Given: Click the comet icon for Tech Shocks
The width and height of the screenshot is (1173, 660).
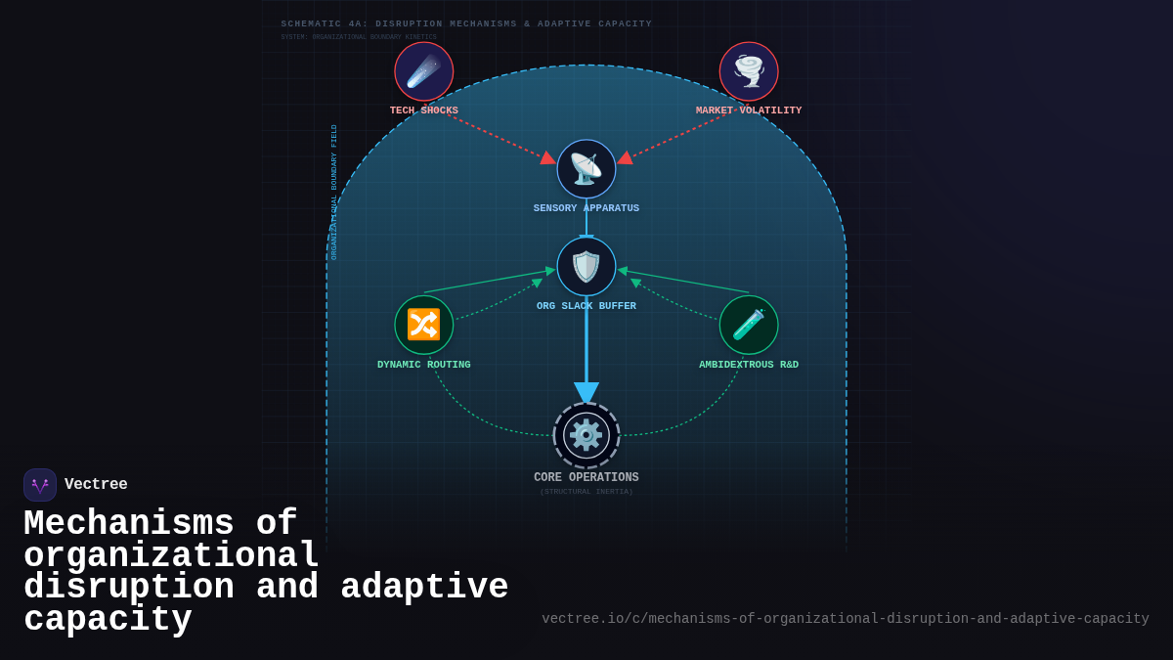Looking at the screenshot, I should pyautogui.click(x=424, y=71).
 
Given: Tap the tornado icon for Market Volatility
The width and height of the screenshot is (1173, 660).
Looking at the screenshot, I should pyautogui.click(x=749, y=71).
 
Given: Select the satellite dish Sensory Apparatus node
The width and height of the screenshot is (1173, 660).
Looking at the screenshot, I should pyautogui.click(x=586, y=169).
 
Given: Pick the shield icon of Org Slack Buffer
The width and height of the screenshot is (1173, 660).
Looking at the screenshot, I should pyautogui.click(x=586, y=267).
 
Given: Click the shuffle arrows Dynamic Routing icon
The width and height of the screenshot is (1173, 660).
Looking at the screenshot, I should pyautogui.click(x=424, y=325).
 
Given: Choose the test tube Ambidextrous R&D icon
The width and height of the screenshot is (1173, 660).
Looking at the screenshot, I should pyautogui.click(x=749, y=325).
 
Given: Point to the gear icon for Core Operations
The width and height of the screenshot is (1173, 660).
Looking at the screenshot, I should pyautogui.click(x=586, y=435).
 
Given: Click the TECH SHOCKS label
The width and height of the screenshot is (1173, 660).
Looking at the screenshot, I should pyautogui.click(x=424, y=110).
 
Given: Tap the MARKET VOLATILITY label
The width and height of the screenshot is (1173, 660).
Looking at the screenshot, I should pyautogui.click(x=749, y=110).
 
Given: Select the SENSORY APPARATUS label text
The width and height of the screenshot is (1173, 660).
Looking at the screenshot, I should pyautogui.click(x=586, y=208).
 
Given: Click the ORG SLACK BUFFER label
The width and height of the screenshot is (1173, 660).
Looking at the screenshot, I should pyautogui.click(x=586, y=306).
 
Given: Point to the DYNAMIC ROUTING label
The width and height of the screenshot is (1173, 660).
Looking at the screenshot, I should pyautogui.click(x=424, y=365).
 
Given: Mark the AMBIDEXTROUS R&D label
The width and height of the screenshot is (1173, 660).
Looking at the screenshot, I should pyautogui.click(x=749, y=365).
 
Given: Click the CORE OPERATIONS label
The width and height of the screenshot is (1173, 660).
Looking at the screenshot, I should pyautogui.click(x=586, y=478).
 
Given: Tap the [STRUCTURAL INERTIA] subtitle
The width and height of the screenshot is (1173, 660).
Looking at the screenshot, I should pyautogui.click(x=586, y=492).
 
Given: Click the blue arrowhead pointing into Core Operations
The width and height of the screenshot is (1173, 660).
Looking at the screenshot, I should pyautogui.click(x=586, y=392).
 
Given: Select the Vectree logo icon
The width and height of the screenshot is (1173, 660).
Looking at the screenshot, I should pyautogui.click(x=40, y=485).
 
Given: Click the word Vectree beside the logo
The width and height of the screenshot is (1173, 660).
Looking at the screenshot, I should pyautogui.click(x=96, y=485).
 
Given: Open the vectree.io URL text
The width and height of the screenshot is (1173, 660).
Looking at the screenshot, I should pyautogui.click(x=846, y=619).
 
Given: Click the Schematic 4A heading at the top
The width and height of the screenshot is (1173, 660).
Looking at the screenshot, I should pyautogui.click(x=466, y=24).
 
